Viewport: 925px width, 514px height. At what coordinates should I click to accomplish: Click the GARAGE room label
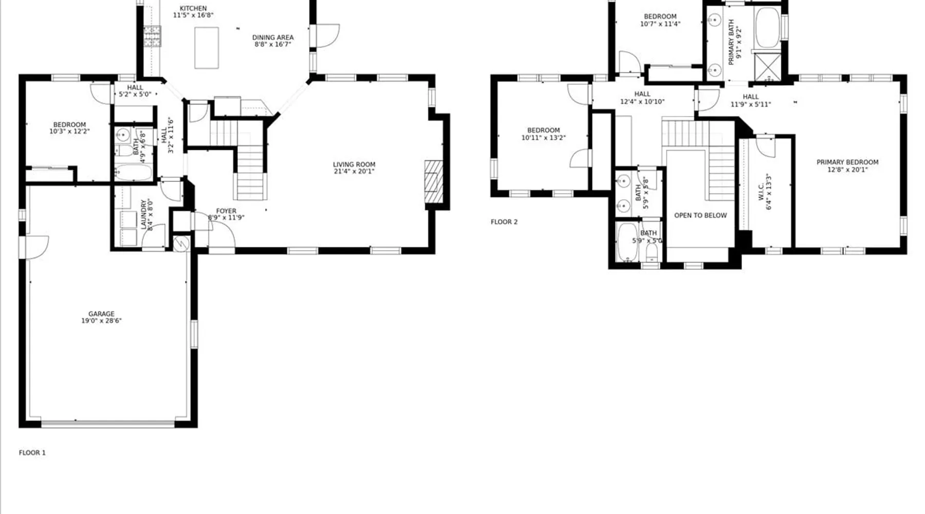click(x=101, y=314)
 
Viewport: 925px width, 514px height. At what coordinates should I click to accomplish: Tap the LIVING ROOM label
click(x=354, y=164)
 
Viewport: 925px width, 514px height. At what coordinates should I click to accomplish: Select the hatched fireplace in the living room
click(x=433, y=182)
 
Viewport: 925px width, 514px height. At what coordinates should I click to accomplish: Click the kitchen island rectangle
click(x=207, y=48)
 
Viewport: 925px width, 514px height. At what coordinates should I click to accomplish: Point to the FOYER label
click(x=226, y=211)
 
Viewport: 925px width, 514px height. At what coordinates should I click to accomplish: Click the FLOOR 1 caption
click(x=32, y=453)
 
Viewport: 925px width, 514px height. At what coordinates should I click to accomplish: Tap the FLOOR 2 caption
click(x=504, y=222)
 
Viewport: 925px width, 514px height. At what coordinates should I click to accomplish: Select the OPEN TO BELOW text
click(x=700, y=215)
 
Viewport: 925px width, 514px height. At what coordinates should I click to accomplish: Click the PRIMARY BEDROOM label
click(x=847, y=162)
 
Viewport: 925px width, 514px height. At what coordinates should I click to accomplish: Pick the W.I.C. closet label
click(x=761, y=191)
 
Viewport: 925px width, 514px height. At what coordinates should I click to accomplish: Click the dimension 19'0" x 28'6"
click(x=101, y=321)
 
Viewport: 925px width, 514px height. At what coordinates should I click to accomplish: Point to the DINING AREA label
click(x=273, y=38)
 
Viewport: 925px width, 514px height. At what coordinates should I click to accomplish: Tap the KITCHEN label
click(x=193, y=8)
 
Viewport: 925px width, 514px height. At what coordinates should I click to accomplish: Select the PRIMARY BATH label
click(x=731, y=42)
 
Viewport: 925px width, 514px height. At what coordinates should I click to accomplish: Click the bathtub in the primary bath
click(x=767, y=27)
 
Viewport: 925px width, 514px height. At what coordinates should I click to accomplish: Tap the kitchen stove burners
click(x=152, y=36)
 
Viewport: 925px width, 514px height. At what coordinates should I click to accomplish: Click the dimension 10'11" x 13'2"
click(x=543, y=138)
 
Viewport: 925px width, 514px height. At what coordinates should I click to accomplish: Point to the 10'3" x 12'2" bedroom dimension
click(x=69, y=132)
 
